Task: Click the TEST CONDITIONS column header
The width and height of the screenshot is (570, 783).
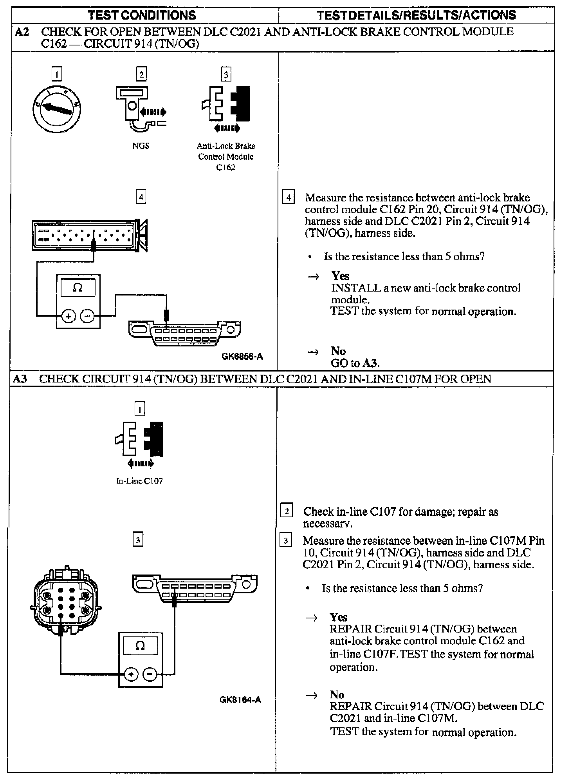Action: point(142,15)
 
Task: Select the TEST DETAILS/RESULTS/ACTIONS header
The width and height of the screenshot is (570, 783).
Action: point(416,15)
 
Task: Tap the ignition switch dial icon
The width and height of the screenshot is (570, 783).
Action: point(57,109)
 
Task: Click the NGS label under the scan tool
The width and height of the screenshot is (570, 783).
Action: point(141,146)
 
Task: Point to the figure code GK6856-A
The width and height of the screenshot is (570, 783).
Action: point(242,356)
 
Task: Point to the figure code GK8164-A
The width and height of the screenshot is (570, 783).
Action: point(240,700)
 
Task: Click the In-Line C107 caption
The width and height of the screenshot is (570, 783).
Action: point(139,481)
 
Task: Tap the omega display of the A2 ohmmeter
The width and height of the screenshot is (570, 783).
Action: point(78,288)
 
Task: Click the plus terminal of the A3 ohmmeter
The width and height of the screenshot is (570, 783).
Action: point(131,674)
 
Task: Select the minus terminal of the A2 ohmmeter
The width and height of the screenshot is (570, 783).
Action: point(87,315)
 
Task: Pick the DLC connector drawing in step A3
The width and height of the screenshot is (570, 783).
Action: point(195,588)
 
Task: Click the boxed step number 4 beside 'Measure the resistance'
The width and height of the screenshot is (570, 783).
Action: point(289,197)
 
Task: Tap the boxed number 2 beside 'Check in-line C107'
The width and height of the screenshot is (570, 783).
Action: point(287,511)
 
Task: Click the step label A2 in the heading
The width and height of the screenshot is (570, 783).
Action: point(22,32)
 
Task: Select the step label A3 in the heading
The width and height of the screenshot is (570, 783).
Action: point(20,379)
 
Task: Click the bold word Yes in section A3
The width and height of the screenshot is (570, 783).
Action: point(338,617)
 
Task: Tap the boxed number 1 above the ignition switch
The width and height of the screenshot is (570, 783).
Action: point(57,74)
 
